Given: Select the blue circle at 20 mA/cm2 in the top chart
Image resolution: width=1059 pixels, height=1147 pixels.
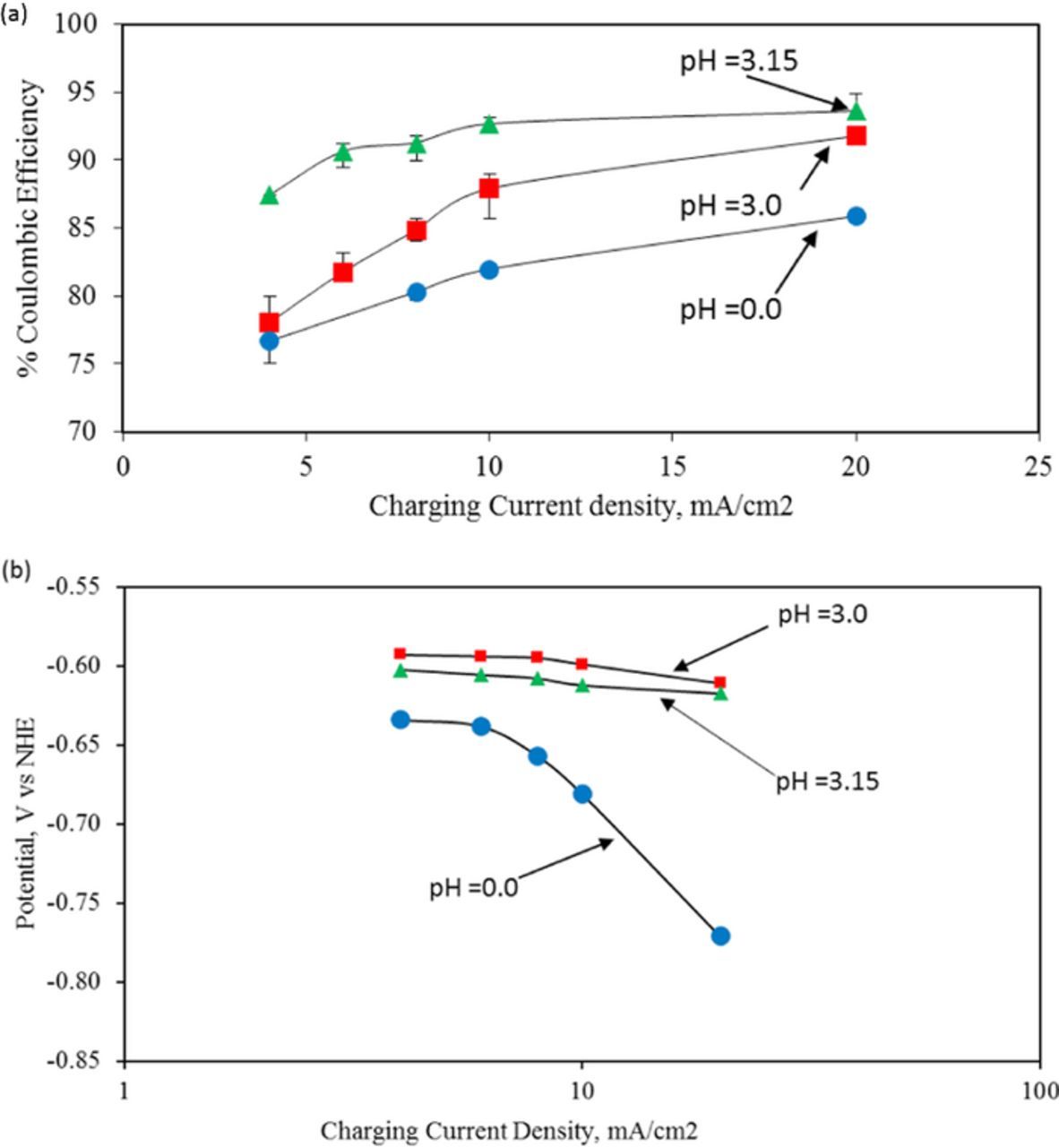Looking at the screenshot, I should [x=856, y=216].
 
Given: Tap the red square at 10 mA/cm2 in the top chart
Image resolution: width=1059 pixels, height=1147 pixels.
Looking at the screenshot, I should [x=488, y=188].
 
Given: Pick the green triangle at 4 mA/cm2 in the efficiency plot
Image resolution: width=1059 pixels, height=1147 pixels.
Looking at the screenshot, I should [x=269, y=195].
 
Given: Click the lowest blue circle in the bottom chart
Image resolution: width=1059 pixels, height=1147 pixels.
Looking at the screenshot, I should [x=720, y=936].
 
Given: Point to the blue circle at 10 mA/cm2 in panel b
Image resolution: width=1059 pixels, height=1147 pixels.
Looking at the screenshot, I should [x=582, y=793].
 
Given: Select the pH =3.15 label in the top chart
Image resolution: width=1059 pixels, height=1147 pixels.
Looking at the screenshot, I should [x=737, y=61].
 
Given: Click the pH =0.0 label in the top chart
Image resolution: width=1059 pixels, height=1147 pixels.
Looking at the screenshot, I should [x=730, y=310].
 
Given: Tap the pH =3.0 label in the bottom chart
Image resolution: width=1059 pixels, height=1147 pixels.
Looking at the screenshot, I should [x=822, y=617].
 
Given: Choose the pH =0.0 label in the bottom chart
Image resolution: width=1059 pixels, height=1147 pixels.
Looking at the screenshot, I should [x=473, y=888].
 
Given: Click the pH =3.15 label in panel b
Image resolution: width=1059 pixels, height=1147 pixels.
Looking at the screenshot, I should [x=827, y=781].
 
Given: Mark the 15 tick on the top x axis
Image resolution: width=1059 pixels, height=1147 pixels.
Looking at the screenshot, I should [x=672, y=467].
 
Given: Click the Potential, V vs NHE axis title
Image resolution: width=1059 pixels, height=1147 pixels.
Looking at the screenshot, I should [x=27, y=823].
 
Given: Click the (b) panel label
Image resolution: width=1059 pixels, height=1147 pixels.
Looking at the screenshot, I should [x=14, y=570].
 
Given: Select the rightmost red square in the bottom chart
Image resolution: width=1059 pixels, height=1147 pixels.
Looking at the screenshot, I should [x=720, y=682].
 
